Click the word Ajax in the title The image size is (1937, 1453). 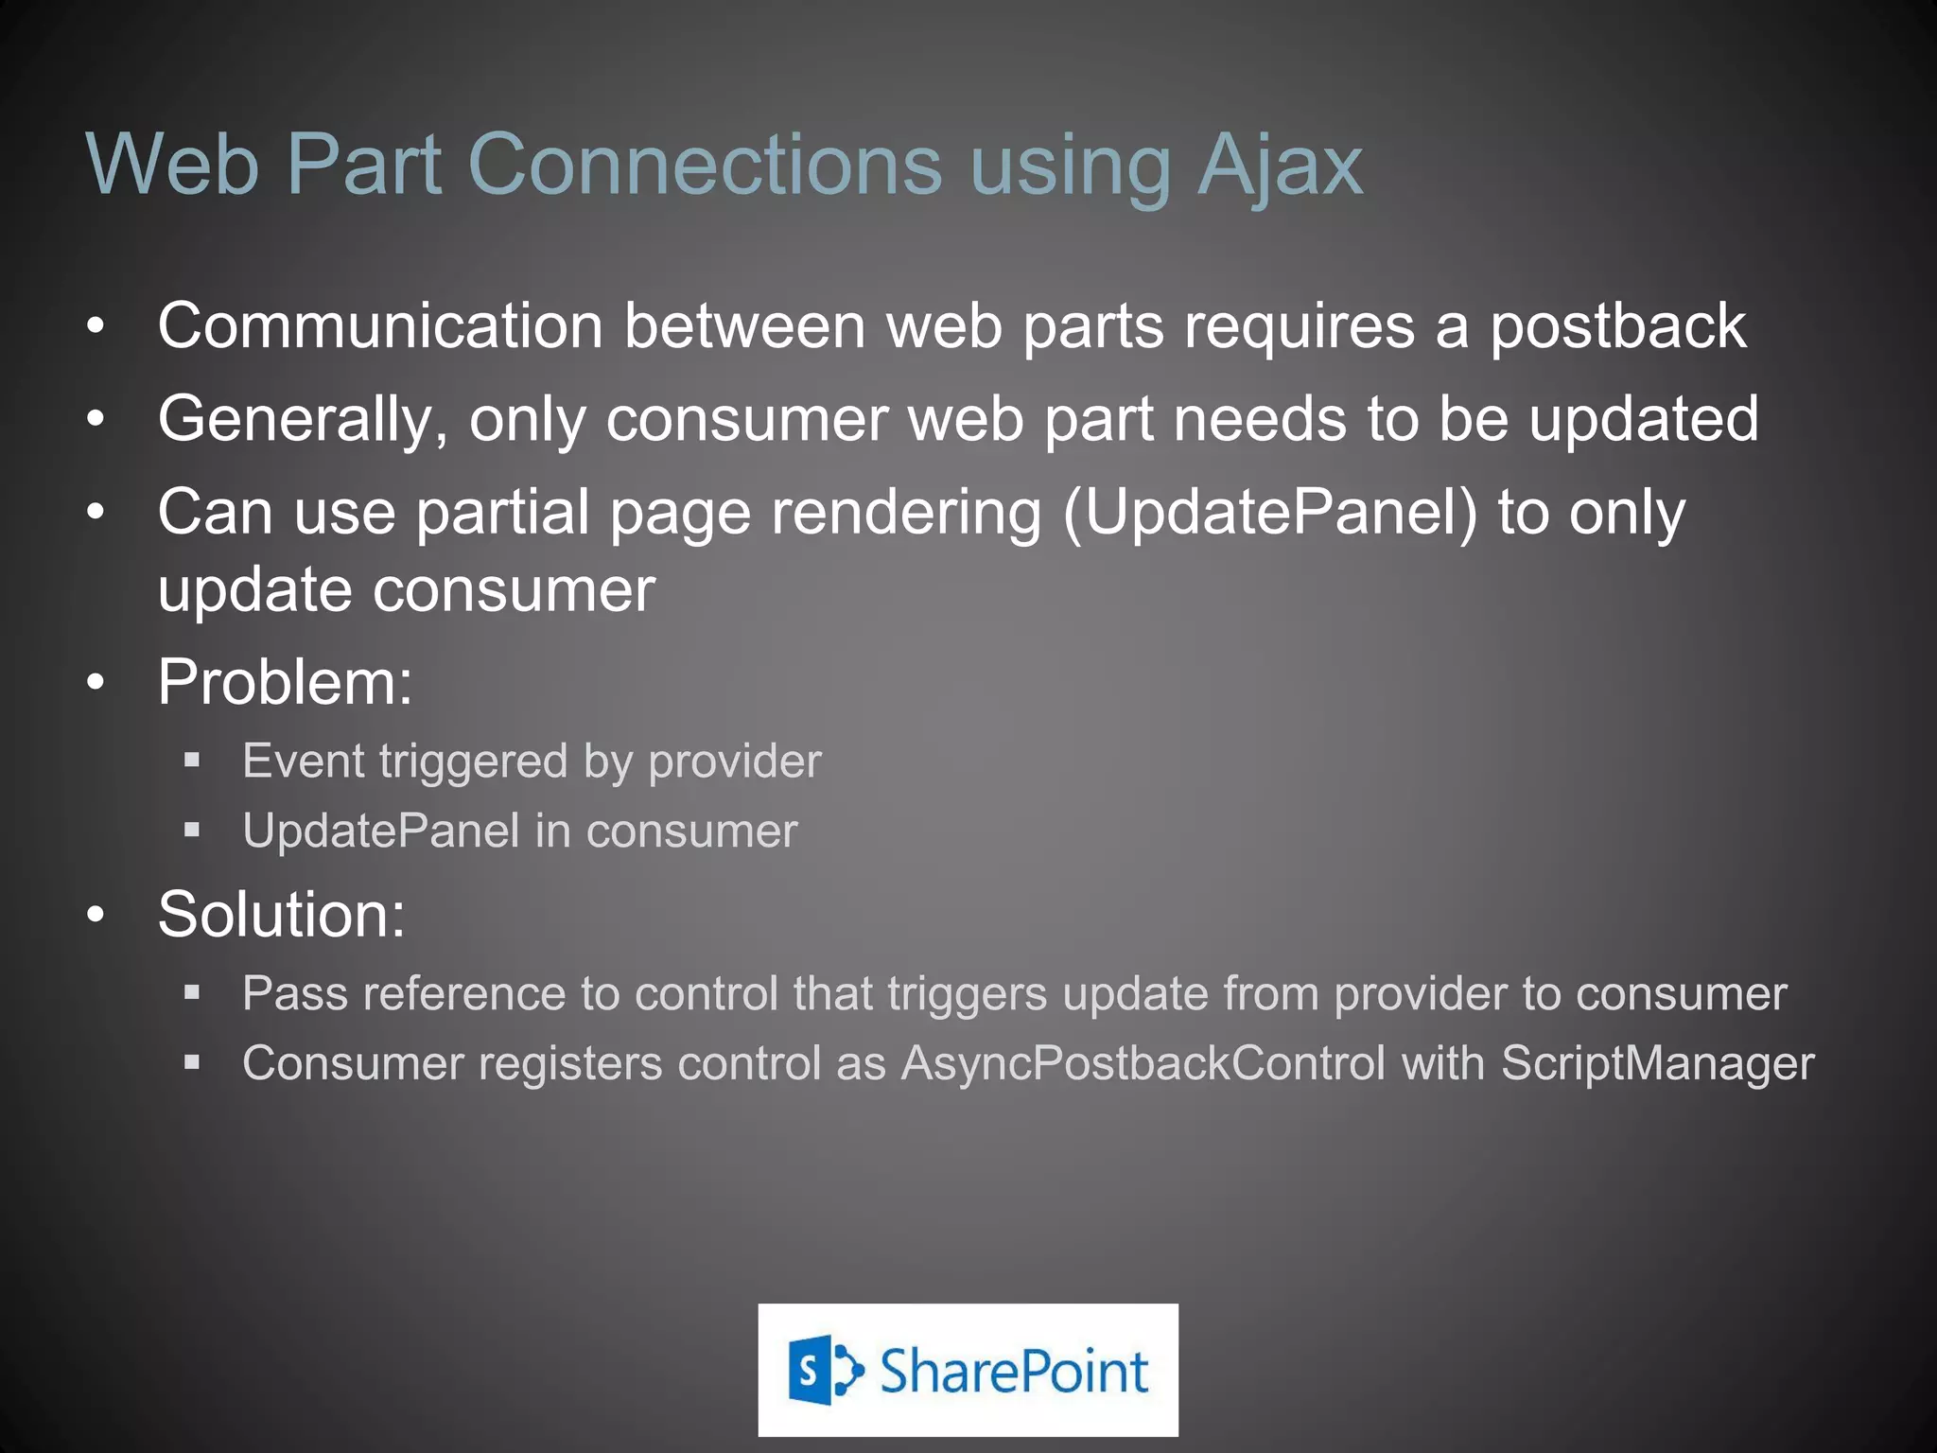click(x=1280, y=166)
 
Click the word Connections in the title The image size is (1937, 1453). click(x=705, y=166)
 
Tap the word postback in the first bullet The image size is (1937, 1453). click(x=1617, y=326)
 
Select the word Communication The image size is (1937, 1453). click(x=379, y=326)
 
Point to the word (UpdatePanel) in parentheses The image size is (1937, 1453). click(x=1269, y=513)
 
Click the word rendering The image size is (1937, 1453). click(x=906, y=513)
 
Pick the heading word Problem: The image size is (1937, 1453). click(x=285, y=681)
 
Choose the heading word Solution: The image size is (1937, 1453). click(x=281, y=914)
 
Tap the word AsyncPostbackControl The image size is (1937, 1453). click(x=1143, y=1062)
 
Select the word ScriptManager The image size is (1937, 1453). click(x=1657, y=1062)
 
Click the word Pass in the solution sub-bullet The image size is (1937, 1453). click(x=294, y=993)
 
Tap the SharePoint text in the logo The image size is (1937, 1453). click(x=1014, y=1371)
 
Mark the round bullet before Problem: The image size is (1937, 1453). click(x=96, y=682)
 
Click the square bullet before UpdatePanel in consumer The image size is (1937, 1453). click(x=192, y=831)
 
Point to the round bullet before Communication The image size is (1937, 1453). click(x=96, y=327)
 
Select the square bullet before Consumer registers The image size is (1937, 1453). click(x=192, y=1063)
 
